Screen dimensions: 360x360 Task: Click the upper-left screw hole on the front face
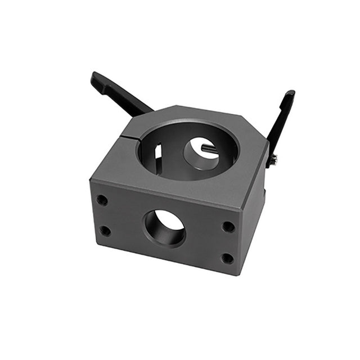[x=102, y=199]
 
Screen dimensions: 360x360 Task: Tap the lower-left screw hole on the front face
[x=105, y=230]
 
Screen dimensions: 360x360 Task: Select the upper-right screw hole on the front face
[x=228, y=227]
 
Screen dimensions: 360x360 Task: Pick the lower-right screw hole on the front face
[x=227, y=258]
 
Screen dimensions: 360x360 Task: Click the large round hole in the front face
[x=164, y=227]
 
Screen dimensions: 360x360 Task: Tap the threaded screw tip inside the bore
[x=209, y=148]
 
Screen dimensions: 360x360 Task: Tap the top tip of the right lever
[x=290, y=93]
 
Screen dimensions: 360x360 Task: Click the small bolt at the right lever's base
[x=273, y=160]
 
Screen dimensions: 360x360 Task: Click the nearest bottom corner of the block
[x=241, y=274]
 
